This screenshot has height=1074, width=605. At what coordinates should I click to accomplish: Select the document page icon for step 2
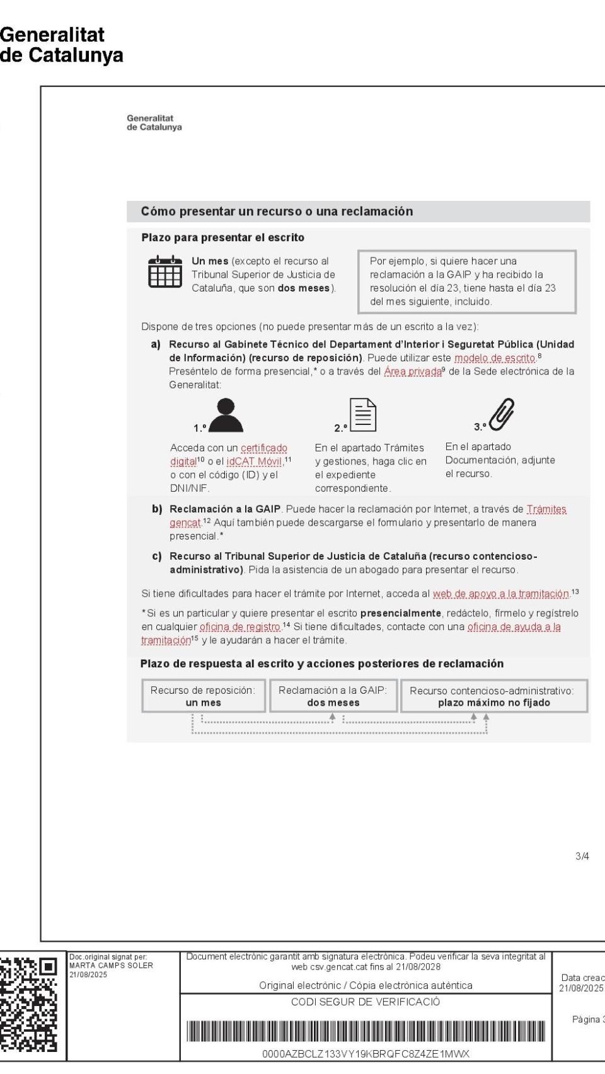(363, 415)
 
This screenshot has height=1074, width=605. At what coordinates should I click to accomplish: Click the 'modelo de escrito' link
(494, 358)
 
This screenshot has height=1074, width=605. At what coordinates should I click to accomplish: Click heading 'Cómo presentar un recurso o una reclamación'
(277, 212)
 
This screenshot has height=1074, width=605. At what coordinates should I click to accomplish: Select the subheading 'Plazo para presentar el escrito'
(223, 237)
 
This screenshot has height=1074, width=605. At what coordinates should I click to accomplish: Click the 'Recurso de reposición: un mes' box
(204, 696)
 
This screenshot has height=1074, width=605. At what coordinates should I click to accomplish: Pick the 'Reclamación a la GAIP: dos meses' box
(333, 696)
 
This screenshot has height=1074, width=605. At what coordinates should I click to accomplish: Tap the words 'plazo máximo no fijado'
(494, 703)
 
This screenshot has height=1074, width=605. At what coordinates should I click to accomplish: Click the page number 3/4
(582, 856)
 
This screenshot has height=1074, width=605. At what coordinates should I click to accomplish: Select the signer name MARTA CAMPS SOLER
(110, 965)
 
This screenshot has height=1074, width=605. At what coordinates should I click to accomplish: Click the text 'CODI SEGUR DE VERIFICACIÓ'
(366, 1002)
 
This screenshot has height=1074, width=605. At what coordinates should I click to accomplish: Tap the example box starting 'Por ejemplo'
(466, 281)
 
